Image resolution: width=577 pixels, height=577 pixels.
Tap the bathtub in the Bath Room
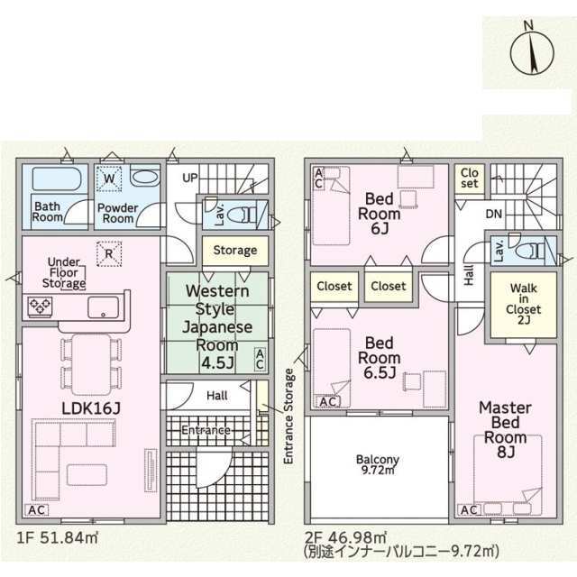(x=57, y=179)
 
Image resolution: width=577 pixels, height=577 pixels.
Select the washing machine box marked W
(x=109, y=179)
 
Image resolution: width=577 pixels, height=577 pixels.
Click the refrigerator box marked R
(x=109, y=253)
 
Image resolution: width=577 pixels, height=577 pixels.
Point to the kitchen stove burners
(x=40, y=307)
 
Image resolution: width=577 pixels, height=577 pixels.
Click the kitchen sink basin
(x=103, y=307)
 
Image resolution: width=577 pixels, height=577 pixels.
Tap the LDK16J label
(x=91, y=408)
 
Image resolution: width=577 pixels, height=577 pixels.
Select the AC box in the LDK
(x=36, y=510)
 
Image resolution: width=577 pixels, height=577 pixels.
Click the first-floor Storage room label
(x=235, y=251)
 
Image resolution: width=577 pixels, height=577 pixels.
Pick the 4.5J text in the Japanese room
(x=217, y=363)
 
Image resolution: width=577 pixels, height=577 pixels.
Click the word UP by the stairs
(x=190, y=179)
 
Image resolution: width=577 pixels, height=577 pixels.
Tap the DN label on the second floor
(x=494, y=214)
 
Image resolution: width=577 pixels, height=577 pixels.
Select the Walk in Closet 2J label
(x=523, y=304)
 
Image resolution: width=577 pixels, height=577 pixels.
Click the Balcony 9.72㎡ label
(x=378, y=465)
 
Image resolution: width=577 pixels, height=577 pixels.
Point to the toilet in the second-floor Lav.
(x=529, y=252)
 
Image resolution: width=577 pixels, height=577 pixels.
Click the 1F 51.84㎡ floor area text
(x=58, y=538)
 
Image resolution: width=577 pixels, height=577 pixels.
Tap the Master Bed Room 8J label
(x=505, y=430)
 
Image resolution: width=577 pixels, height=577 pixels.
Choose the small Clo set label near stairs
(x=469, y=179)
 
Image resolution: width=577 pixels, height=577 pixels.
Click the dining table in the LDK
(x=91, y=364)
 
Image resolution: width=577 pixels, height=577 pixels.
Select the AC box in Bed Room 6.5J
(x=328, y=402)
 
